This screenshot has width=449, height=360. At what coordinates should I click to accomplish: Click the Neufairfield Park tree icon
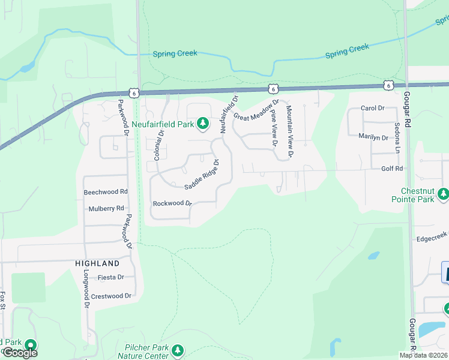203,124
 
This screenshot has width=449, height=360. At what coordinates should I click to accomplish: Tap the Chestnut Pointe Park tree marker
444,193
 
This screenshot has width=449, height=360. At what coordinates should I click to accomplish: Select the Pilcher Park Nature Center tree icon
177,349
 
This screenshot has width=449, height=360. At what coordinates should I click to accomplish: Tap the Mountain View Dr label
289,131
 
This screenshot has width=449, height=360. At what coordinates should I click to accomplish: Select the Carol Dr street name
372,108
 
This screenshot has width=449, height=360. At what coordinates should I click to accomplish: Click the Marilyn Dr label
373,137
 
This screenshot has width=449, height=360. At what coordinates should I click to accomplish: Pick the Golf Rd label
392,169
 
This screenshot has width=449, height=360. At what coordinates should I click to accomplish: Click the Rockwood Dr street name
172,203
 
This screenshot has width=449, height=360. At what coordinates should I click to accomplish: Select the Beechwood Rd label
106,192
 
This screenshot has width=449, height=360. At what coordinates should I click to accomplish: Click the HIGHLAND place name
97,263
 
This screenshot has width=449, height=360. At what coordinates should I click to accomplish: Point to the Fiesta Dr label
112,277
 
